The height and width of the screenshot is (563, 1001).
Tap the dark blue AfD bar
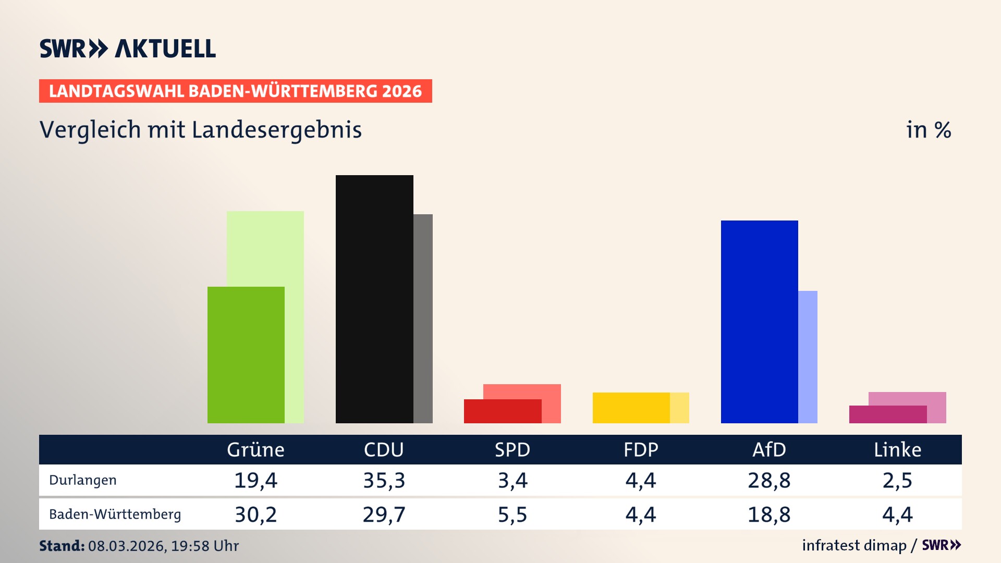click(x=759, y=322)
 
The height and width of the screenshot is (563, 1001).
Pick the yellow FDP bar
click(x=631, y=408)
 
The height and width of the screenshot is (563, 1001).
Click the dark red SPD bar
click(x=503, y=411)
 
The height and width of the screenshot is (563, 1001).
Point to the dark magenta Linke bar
click(x=887, y=414)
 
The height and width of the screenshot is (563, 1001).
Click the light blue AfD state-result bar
click(x=808, y=357)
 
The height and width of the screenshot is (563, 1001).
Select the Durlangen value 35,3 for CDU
click(x=384, y=480)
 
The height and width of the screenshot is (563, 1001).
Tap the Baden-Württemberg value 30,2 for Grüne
click(x=255, y=515)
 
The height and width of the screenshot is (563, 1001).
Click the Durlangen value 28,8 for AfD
click(x=769, y=480)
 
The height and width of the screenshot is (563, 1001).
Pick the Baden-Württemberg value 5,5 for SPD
click(x=512, y=515)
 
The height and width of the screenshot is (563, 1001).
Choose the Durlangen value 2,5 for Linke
click(x=897, y=480)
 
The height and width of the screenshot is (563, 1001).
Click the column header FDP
click(x=641, y=449)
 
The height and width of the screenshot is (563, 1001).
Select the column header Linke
click(x=897, y=449)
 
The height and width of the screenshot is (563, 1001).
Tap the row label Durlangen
click(x=82, y=480)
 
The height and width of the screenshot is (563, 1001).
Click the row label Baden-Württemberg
click(x=115, y=515)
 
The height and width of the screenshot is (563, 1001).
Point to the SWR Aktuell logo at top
click(x=128, y=48)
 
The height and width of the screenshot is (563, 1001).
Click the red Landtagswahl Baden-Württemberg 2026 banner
click(x=235, y=91)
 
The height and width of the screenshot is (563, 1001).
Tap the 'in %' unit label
click(x=929, y=130)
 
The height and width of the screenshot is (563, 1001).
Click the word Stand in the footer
click(x=62, y=546)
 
